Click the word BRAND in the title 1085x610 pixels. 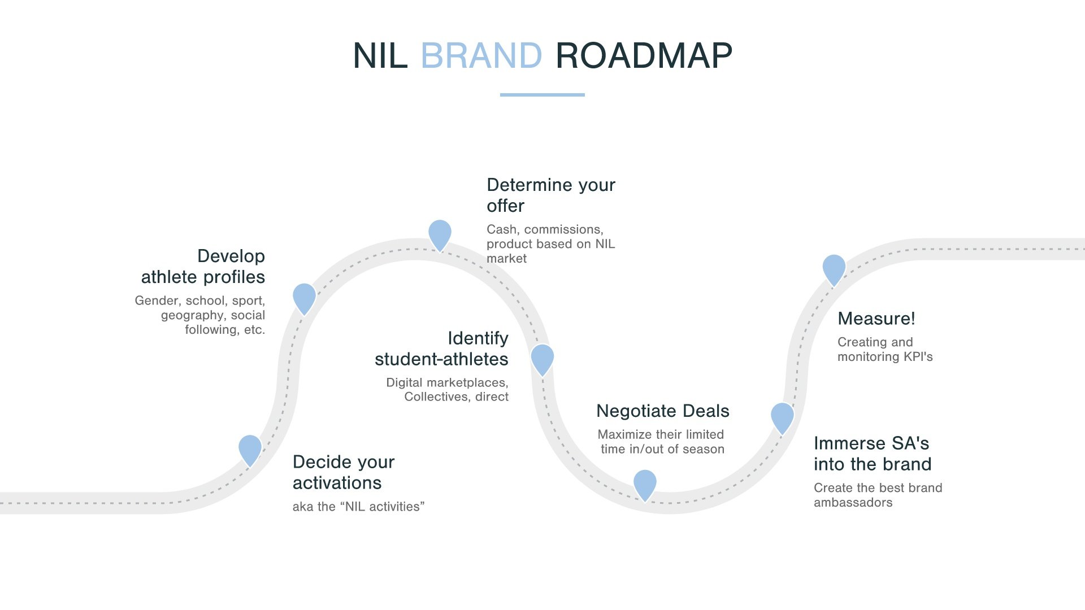click(481, 56)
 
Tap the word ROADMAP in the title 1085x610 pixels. click(644, 56)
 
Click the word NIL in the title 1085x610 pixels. click(380, 56)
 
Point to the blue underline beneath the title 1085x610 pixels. click(542, 95)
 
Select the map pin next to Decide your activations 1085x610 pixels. click(250, 449)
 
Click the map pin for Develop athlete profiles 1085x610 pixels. click(304, 298)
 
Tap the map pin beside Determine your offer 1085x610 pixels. click(440, 234)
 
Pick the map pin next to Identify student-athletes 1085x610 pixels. click(542, 358)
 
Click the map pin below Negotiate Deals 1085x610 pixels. click(645, 483)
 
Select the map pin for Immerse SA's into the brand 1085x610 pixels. click(782, 417)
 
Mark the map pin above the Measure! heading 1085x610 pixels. click(834, 268)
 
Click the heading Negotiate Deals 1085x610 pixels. click(662, 411)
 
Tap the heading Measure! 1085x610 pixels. click(876, 319)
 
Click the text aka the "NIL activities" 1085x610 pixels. click(358, 507)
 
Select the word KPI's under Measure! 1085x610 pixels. click(918, 357)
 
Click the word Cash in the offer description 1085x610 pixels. click(502, 229)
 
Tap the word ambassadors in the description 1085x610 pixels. click(853, 503)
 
